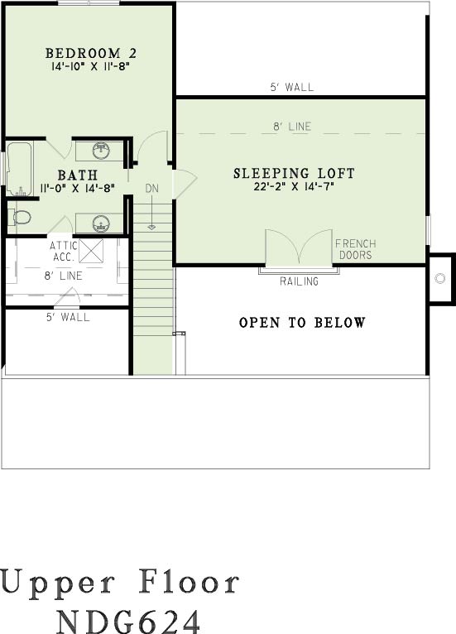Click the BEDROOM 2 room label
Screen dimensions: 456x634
pyautogui.click(x=91, y=53)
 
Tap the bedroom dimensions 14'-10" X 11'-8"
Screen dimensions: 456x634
pyautogui.click(x=90, y=66)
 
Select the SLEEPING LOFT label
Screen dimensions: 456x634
pyautogui.click(x=294, y=174)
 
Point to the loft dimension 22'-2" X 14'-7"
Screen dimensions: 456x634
pyautogui.click(x=294, y=187)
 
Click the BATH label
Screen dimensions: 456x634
pyautogui.click(x=78, y=175)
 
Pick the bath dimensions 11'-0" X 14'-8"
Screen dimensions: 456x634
pyautogui.click(x=78, y=188)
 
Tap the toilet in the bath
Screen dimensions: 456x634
pyautogui.click(x=20, y=218)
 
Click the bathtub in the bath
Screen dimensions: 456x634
pyautogui.click(x=19, y=169)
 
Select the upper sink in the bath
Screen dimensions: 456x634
pyautogui.click(x=101, y=151)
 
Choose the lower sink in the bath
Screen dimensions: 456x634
pyautogui.click(x=101, y=223)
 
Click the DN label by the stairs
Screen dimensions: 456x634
pyautogui.click(x=152, y=189)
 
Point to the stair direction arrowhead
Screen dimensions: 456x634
pyautogui.click(x=151, y=228)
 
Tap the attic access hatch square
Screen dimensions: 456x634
pyautogui.click(x=91, y=251)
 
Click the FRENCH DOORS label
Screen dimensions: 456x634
pyautogui.click(x=356, y=249)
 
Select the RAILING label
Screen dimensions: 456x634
pyautogui.click(x=299, y=281)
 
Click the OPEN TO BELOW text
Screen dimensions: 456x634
pyautogui.click(x=302, y=322)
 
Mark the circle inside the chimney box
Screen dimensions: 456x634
pyautogui.click(x=439, y=278)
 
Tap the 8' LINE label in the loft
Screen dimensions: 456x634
pyautogui.click(x=292, y=127)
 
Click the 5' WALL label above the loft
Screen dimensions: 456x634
pyautogui.click(x=292, y=87)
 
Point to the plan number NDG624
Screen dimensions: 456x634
pyautogui.click(x=128, y=620)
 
